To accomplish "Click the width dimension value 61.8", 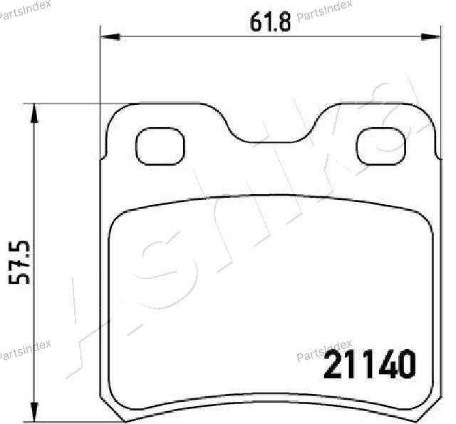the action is coord(270,22).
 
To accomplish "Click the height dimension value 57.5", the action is coord(19,263).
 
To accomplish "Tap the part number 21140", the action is coord(370,364).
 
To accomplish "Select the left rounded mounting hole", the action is coord(160,146).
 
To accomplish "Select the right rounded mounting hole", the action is coord(381,146).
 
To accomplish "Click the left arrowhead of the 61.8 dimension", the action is coord(110,37).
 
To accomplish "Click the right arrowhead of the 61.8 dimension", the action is coord(431,37).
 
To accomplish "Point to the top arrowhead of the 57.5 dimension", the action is coord(34,113).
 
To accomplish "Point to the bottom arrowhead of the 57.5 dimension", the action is coord(34,412).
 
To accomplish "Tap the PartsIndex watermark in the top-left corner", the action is coord(25,10).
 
